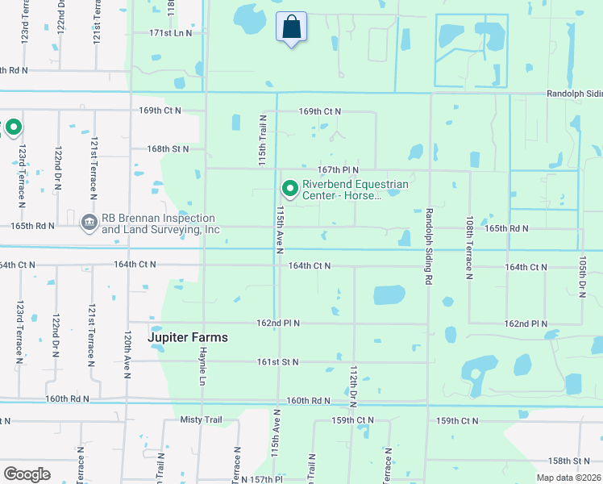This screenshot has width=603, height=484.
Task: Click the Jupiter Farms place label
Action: pyautogui.click(x=188, y=337)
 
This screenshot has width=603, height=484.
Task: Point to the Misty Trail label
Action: pyautogui.click(x=201, y=420)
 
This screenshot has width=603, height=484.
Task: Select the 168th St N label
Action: pyautogui.click(x=168, y=148)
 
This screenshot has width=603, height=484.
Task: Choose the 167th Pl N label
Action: pyautogui.click(x=337, y=169)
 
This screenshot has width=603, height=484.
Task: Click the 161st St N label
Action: pyautogui.click(x=278, y=362)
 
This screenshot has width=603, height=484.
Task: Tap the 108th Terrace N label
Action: pyautogui.click(x=468, y=247)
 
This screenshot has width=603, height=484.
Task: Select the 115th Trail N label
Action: pyautogui.click(x=262, y=140)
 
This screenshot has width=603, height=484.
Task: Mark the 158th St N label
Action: pyautogui.click(x=569, y=461)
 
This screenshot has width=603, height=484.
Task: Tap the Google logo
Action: pyautogui.click(x=27, y=474)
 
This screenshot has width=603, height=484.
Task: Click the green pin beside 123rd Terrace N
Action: pyautogui.click(x=13, y=127)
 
